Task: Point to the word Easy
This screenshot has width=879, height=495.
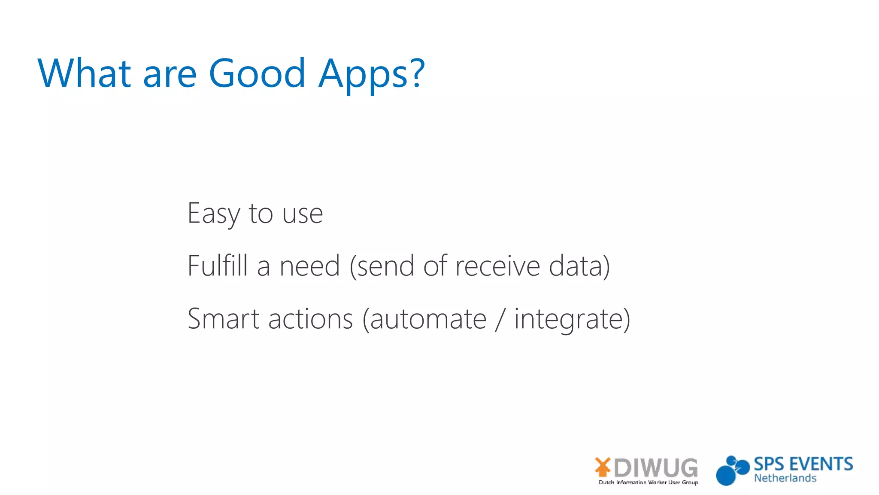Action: coord(213,214)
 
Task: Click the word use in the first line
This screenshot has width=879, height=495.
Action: coord(302,214)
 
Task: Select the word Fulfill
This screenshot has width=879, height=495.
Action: coord(218,266)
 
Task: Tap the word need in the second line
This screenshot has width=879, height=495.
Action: coord(309,266)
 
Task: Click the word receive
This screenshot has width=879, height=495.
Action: coord(497,266)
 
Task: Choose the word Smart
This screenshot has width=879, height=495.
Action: coord(224,319)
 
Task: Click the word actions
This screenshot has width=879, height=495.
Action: coord(310,319)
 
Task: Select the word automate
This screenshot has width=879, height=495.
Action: coord(428,320)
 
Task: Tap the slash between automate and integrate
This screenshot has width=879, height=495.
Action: coord(499,320)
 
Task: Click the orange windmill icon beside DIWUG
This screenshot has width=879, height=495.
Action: coord(603,467)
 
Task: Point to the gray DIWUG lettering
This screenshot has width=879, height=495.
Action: coord(655,467)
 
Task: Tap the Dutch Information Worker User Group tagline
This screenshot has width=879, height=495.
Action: coord(648,483)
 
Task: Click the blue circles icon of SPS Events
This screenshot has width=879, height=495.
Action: coord(731,471)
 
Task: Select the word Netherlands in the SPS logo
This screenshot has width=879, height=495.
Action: coord(785,478)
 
